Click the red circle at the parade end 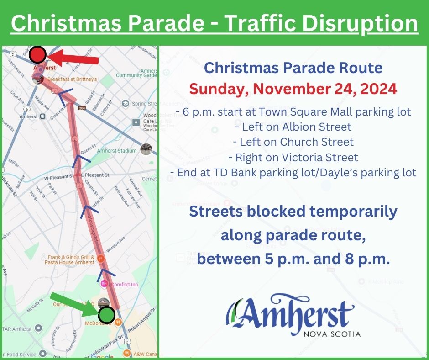(x=37, y=55)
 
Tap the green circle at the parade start (x=106, y=315)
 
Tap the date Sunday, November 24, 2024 (x=293, y=89)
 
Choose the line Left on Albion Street (x=293, y=127)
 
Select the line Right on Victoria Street (x=293, y=158)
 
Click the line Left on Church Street (x=293, y=142)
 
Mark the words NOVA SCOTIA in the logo (x=332, y=334)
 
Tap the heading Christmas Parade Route (x=293, y=68)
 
